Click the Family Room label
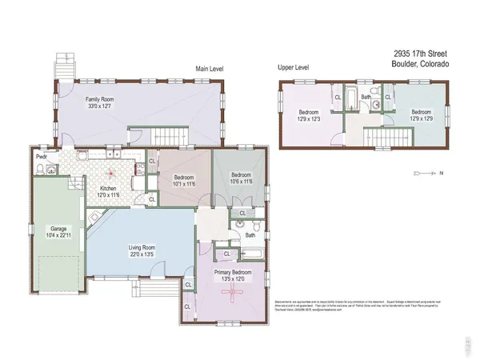point(102,99)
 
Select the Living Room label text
point(141,247)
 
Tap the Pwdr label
point(41,158)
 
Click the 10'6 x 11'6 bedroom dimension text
point(241,182)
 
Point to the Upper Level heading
point(293,69)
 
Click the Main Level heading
point(210,70)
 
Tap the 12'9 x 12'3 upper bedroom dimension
point(309,118)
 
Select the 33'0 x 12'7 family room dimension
point(102,106)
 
